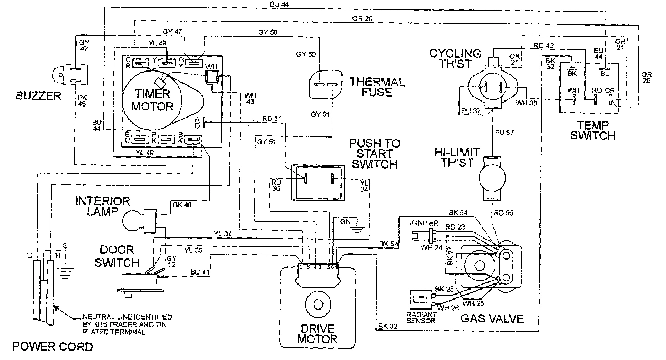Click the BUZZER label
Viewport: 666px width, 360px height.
(x=37, y=96)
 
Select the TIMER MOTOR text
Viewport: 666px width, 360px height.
(x=148, y=100)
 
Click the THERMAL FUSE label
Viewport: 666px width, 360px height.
(x=377, y=87)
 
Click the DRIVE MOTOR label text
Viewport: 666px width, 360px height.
(x=318, y=333)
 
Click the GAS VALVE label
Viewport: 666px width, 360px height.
(x=492, y=318)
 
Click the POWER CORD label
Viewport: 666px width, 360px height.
(x=53, y=348)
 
